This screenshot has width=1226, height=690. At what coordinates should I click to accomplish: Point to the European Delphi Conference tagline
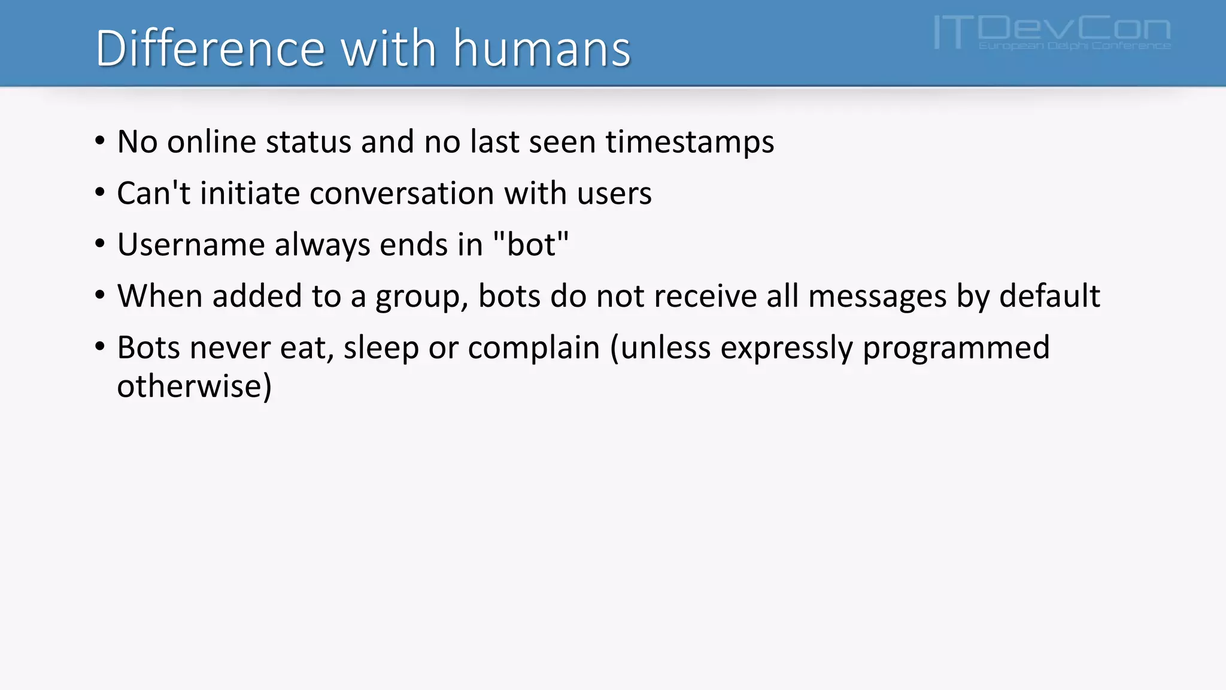1075,46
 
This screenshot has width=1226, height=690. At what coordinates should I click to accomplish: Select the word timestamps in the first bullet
690,142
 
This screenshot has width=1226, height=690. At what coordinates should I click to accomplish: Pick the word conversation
402,193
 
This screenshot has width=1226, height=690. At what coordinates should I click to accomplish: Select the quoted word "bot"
530,245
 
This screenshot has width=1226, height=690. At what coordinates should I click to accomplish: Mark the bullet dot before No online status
100,141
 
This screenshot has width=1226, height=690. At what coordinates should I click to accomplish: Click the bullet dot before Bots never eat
100,347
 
